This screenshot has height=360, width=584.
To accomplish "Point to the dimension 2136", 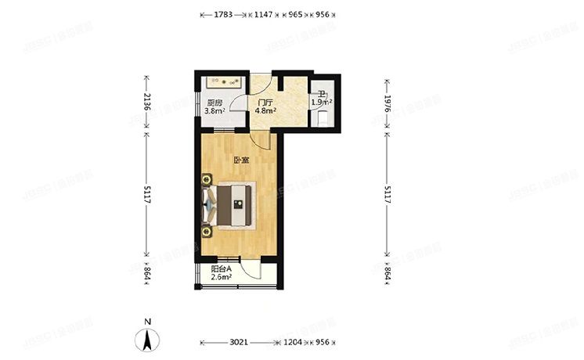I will click(x=146, y=103).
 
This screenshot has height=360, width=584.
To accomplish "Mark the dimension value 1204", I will click(x=294, y=343).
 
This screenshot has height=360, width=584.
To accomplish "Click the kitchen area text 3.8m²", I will click(x=214, y=111).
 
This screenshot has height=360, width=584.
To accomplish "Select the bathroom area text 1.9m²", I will click(x=322, y=103).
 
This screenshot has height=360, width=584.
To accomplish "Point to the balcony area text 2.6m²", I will click(x=222, y=276).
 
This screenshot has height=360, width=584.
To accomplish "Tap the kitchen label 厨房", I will click(x=214, y=103).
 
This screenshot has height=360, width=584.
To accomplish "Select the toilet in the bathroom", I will click(x=323, y=117).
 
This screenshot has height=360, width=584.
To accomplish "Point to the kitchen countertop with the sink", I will click(x=223, y=81).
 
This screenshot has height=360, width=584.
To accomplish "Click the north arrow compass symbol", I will click(x=147, y=340).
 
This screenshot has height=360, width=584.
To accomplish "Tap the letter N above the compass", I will click(x=147, y=321).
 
